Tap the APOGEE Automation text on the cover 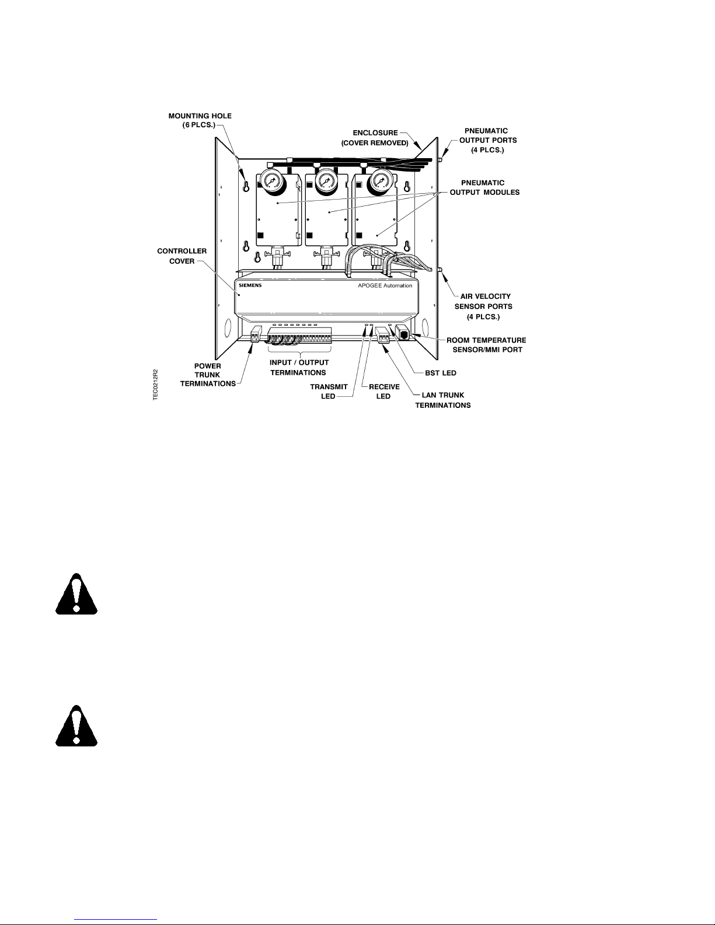[x=385, y=285]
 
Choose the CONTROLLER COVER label [x=182, y=256]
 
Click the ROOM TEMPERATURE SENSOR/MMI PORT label [x=486, y=344]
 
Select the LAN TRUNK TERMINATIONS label [x=442, y=400]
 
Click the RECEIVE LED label [x=384, y=391]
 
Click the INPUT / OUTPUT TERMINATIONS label [x=299, y=367]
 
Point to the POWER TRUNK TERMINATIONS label [x=208, y=375]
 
